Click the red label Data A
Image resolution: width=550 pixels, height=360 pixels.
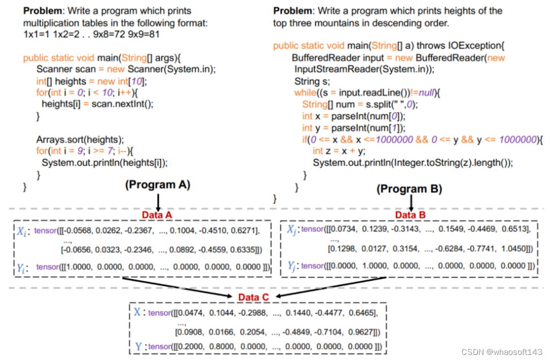point(158,215)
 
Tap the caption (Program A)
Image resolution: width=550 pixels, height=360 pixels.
point(158,185)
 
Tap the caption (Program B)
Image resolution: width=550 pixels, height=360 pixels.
point(409,189)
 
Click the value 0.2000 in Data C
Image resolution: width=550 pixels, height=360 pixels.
point(187,347)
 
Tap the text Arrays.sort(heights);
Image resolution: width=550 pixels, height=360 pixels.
point(80,139)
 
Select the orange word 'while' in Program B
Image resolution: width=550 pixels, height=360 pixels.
point(305,93)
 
